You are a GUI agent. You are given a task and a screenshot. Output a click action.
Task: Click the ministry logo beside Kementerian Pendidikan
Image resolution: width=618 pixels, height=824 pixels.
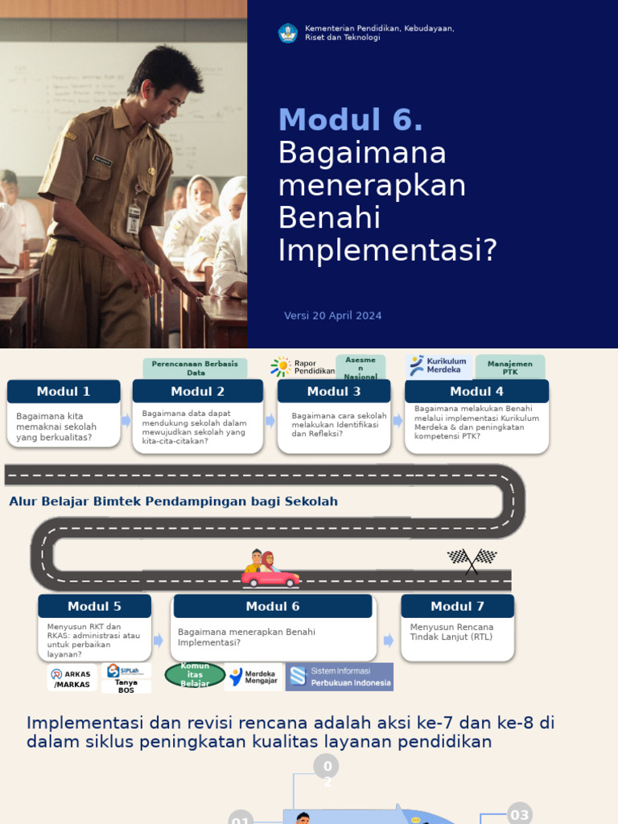(x=287, y=33)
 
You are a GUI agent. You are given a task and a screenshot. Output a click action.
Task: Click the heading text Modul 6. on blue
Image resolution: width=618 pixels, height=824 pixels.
(x=350, y=120)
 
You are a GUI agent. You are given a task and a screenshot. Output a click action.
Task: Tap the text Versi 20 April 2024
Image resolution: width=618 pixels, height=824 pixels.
(x=332, y=315)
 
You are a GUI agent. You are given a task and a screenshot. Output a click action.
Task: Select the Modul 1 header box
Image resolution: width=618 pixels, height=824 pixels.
(x=64, y=392)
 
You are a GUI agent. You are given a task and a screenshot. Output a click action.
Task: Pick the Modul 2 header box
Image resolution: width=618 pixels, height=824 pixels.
(x=197, y=392)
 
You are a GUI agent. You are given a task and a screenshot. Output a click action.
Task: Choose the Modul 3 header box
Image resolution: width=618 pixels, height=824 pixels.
(x=334, y=392)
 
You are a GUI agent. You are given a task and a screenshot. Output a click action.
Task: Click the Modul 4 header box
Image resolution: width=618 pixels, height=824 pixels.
(x=476, y=392)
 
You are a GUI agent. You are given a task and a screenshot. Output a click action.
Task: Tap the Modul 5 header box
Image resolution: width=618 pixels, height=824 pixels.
(x=94, y=607)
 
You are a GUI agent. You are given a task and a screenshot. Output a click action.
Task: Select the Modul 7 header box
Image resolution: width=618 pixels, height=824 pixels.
(x=457, y=607)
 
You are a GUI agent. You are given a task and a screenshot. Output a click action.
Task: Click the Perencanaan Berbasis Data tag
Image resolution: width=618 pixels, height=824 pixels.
(x=196, y=368)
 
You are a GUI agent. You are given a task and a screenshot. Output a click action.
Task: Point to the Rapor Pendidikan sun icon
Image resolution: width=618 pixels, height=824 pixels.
(x=281, y=367)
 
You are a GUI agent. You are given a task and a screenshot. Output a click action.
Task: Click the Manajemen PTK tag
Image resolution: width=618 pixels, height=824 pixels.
(x=509, y=368)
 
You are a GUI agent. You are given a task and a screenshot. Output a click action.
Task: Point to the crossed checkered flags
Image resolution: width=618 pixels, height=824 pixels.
(x=472, y=559)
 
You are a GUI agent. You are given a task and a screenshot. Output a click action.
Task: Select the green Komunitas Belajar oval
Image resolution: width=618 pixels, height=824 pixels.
(x=195, y=675)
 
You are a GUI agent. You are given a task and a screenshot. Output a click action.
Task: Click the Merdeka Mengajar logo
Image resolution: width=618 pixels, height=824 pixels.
(x=253, y=677)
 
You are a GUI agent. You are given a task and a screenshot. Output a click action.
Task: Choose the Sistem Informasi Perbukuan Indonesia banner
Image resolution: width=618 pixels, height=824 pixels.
(x=340, y=677)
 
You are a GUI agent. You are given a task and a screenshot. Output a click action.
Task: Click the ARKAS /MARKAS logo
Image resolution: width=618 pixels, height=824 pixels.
(x=72, y=678)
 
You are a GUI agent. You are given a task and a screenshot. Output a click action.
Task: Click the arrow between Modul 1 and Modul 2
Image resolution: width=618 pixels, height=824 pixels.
(x=126, y=420)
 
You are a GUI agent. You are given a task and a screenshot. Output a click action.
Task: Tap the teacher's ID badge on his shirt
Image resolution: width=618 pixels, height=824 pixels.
(x=134, y=217)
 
